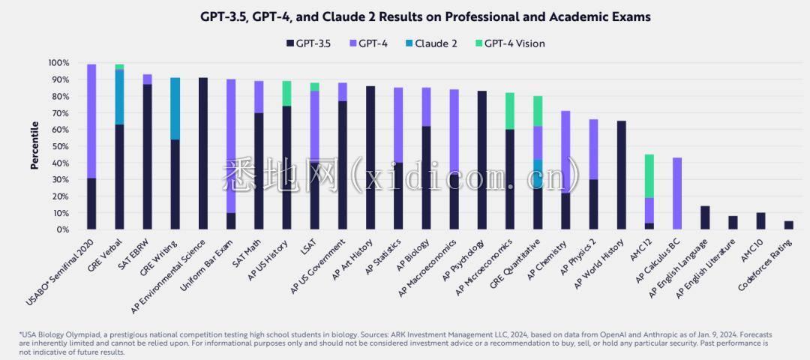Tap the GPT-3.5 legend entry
click(310, 43)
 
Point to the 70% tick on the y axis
click(58, 112)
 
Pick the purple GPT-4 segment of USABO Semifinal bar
click(91, 121)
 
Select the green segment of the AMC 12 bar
click(649, 176)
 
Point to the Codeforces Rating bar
click(789, 225)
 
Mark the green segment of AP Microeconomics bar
click(509, 111)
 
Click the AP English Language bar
click(704, 217)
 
